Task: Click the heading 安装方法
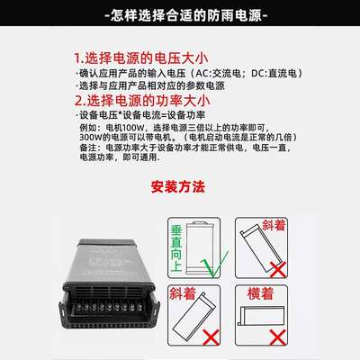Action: click(180, 188)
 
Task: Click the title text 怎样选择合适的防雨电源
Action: click(180, 16)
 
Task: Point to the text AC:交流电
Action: click(221, 72)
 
